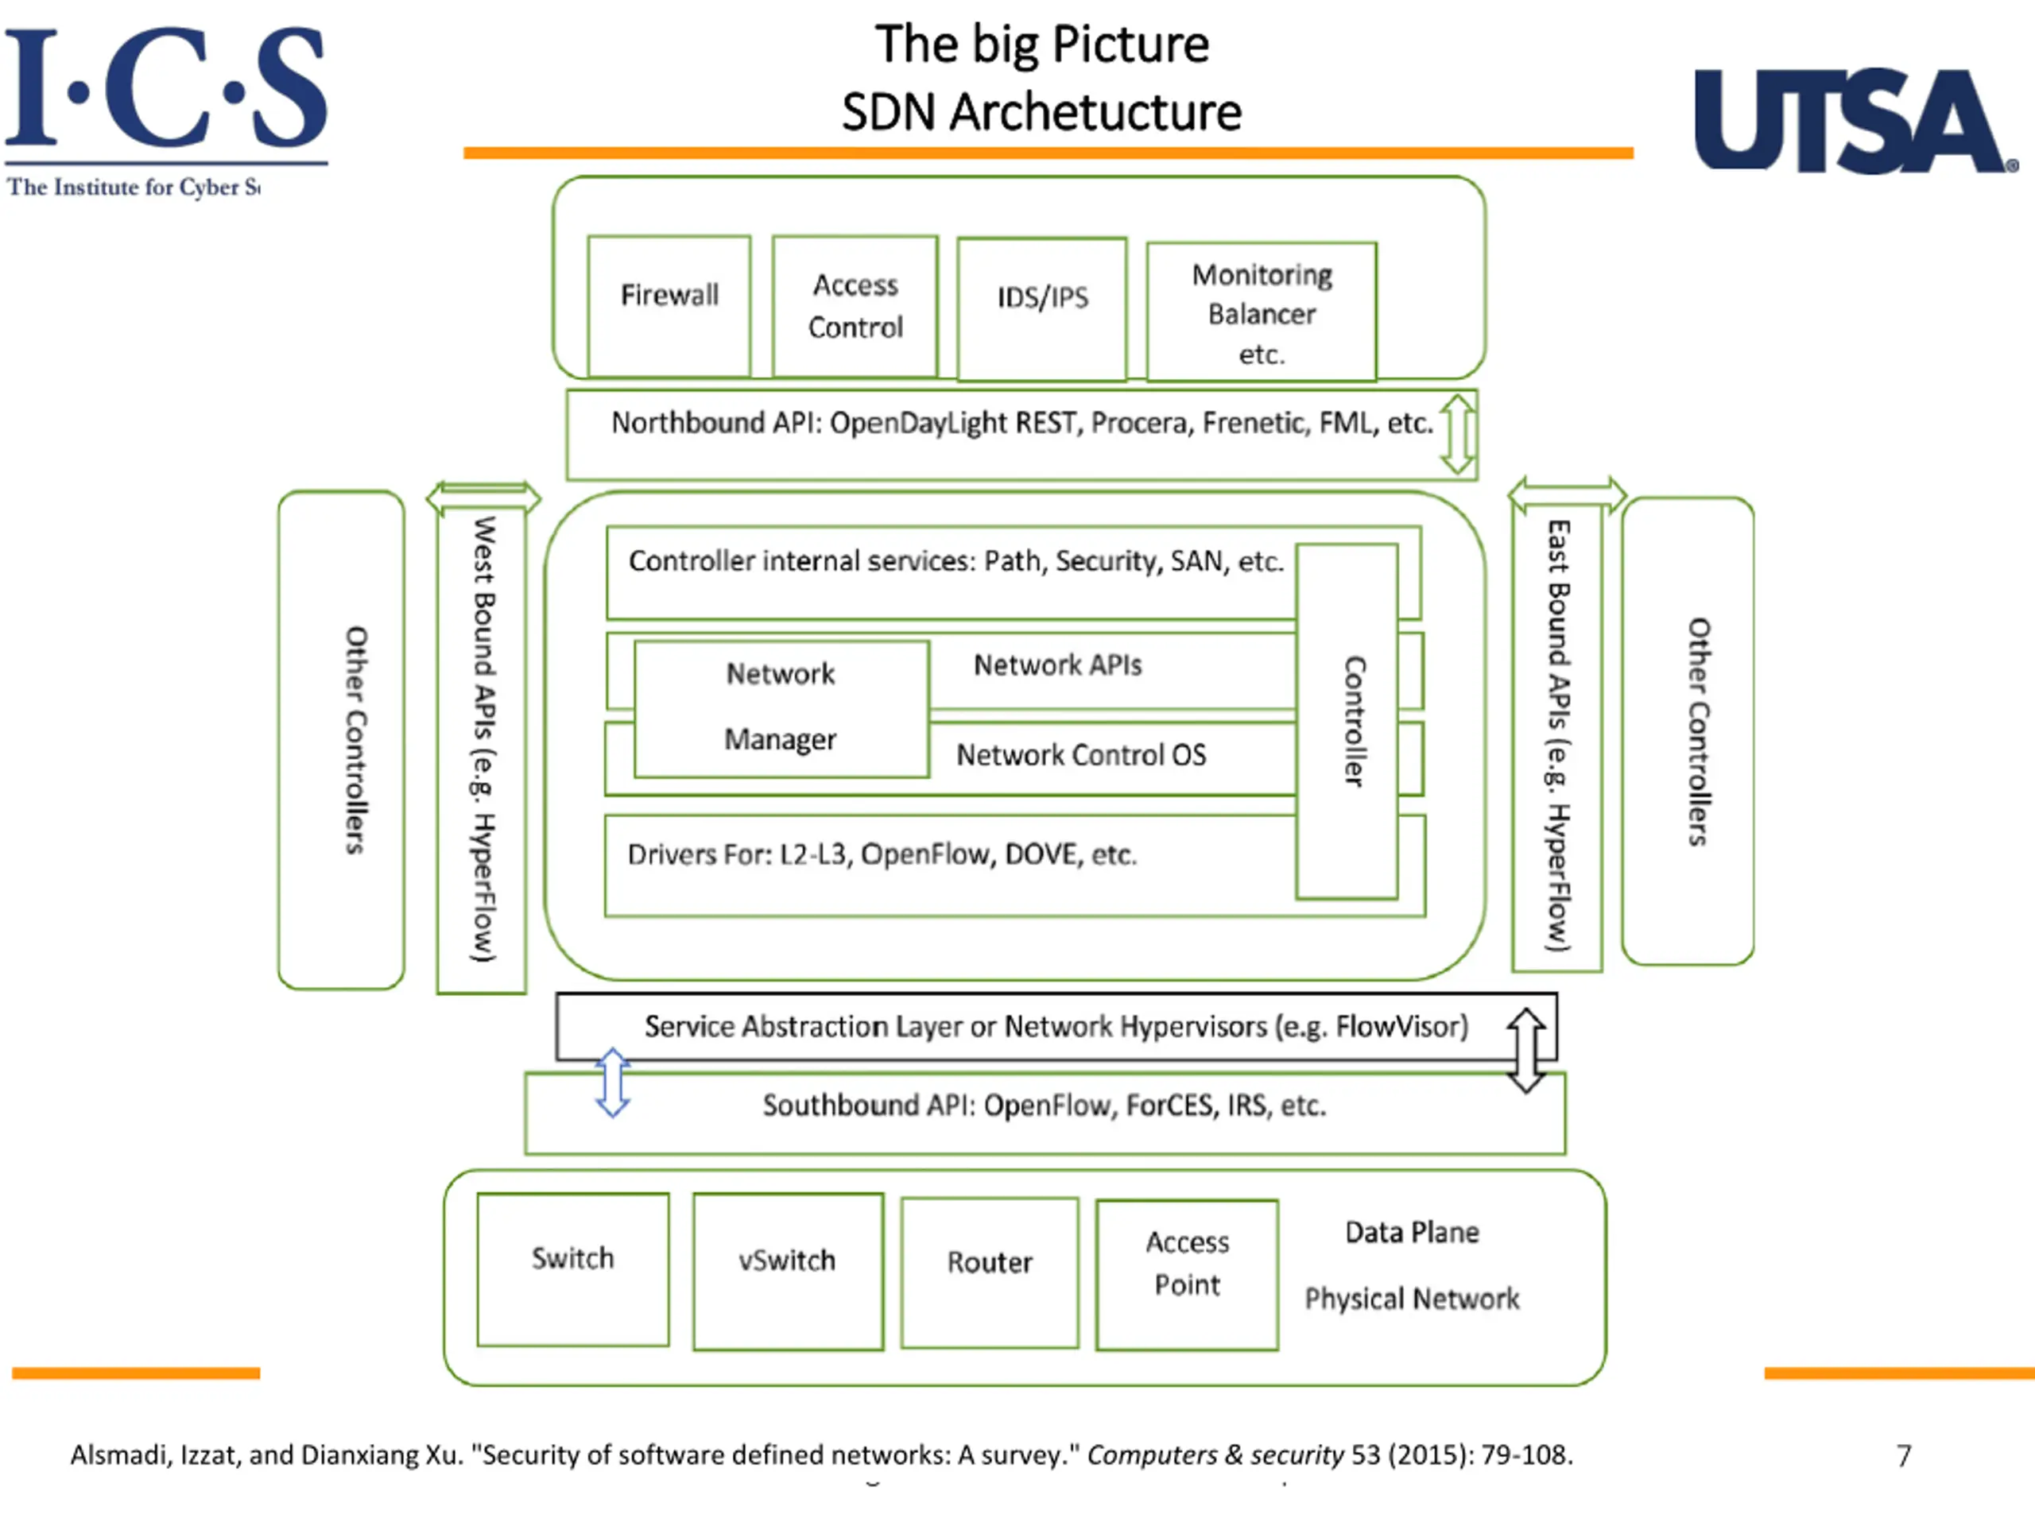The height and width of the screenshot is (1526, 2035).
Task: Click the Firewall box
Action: click(x=669, y=306)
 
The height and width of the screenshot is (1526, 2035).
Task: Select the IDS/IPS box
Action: click(x=1041, y=309)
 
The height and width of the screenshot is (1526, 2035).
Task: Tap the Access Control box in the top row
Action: click(x=855, y=306)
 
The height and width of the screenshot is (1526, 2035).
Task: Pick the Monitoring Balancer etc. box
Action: click(x=1262, y=312)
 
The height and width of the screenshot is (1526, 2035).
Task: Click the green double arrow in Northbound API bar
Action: click(x=1457, y=434)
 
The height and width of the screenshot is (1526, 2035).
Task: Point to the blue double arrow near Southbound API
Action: click(x=613, y=1083)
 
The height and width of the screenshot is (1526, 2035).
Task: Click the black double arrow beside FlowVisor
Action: click(x=1526, y=1050)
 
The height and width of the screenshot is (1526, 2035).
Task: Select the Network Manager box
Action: click(x=781, y=709)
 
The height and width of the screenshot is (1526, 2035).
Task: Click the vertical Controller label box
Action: click(x=1347, y=721)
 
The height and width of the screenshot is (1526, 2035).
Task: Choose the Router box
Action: click(x=990, y=1273)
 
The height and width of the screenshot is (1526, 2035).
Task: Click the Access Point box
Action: click(x=1187, y=1275)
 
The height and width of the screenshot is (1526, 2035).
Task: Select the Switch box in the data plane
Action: click(x=573, y=1269)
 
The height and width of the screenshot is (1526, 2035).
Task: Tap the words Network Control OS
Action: click(x=1081, y=755)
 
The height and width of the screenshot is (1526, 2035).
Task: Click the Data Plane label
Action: click(x=1412, y=1232)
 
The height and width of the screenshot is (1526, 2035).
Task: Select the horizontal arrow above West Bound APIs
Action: click(x=483, y=497)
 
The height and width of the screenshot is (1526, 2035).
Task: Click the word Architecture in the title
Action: click(x=1095, y=112)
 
